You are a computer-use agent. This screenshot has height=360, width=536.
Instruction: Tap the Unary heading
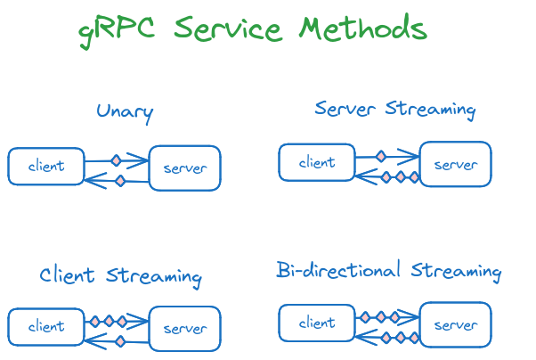[125, 111]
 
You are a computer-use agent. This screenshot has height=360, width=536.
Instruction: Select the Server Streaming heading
[394, 109]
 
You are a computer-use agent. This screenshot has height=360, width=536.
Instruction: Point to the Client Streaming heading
[120, 274]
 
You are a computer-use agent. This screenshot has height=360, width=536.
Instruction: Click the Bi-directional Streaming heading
[388, 271]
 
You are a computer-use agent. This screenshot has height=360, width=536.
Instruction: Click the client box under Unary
[46, 167]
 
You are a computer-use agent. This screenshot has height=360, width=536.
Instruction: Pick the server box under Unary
[184, 168]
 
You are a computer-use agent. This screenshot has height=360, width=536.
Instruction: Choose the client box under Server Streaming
[317, 162]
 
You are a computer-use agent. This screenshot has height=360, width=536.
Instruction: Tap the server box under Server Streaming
[455, 164]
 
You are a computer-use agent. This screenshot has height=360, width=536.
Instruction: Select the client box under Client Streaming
[46, 326]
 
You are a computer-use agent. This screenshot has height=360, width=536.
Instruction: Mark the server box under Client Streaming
[184, 329]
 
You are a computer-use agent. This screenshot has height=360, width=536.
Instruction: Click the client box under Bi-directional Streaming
[317, 323]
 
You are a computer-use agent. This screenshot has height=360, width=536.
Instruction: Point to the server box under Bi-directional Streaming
[455, 324]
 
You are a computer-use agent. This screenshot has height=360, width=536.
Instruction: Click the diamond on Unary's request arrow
[116, 160]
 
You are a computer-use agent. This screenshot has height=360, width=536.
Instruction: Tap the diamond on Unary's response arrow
[119, 181]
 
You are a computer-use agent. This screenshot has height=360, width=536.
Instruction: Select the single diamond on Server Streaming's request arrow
[380, 156]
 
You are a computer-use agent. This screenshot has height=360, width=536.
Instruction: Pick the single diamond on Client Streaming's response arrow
[119, 340]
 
